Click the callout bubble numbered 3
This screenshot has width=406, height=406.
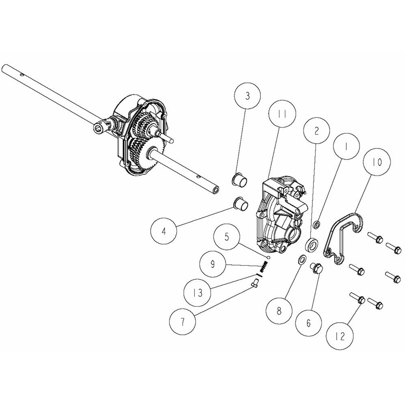coord(247,96)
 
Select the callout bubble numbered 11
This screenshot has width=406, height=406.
coord(282,115)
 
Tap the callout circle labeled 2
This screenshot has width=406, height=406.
coord(316,130)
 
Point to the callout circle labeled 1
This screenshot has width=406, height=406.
coord(346,146)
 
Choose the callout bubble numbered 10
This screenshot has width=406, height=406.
coord(377,162)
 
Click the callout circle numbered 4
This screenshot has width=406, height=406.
coord(164,231)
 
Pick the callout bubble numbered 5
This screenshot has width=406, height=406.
coord(227,238)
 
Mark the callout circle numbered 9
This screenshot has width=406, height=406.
coord(213,264)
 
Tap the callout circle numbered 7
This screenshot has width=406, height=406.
coord(182,322)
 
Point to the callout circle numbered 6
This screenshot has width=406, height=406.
coord(309,323)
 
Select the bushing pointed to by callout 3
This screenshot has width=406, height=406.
coord(240,179)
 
